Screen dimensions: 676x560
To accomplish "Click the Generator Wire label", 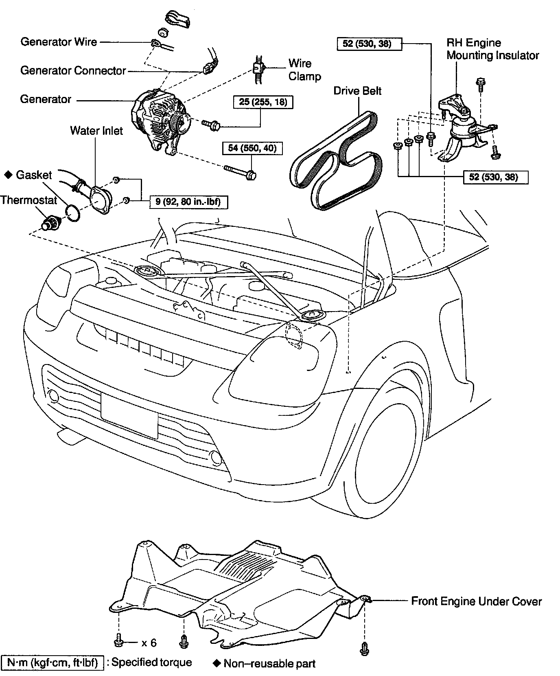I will [59, 42].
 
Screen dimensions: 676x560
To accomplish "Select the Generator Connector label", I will [73, 70].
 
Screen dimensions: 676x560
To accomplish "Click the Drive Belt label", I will [357, 90].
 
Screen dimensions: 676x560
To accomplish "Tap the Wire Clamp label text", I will [304, 70].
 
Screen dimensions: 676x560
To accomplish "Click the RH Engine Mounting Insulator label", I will [492, 49].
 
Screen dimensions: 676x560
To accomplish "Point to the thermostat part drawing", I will [51, 223].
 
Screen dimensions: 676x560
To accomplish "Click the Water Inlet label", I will [96, 130].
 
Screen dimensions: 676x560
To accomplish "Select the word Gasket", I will [34, 175].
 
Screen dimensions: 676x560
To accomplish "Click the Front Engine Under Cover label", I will [476, 601].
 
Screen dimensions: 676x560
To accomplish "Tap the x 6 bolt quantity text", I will [149, 643].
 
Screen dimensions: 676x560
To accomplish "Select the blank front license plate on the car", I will [129, 415].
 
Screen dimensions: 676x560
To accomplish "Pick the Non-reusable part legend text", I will [269, 664].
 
